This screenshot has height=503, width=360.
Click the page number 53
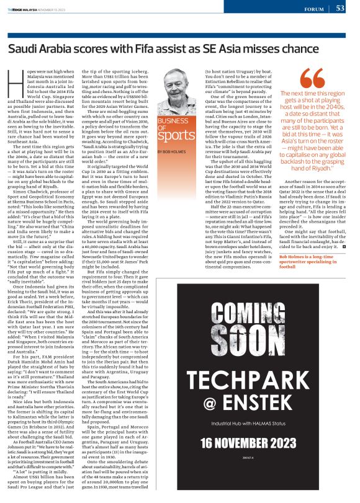[x=340, y=9]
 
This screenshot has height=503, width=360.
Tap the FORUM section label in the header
[x=315, y=10]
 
